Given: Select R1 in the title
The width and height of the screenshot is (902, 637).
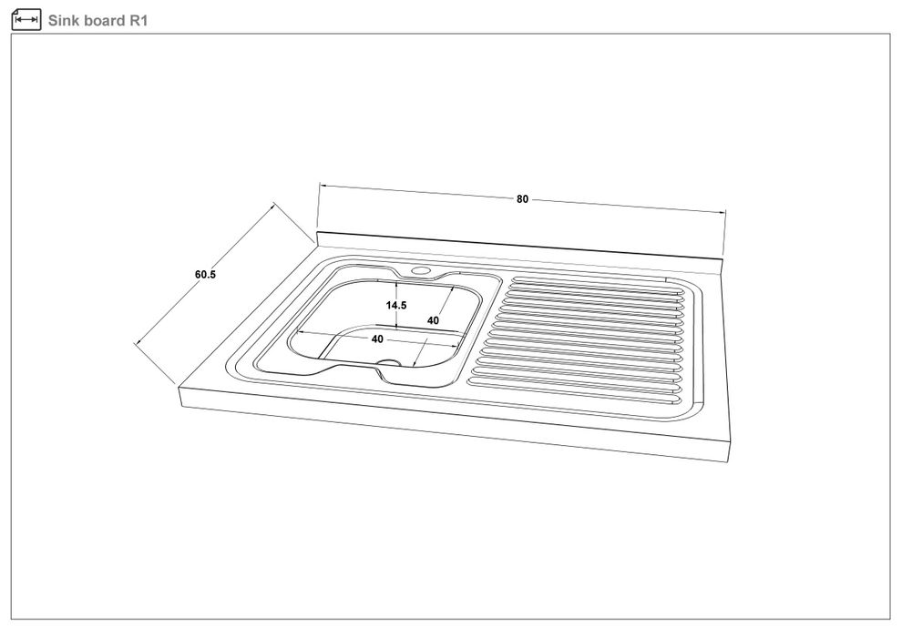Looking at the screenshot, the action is tap(139, 21).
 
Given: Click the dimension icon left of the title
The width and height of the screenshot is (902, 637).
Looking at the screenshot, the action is tap(26, 20).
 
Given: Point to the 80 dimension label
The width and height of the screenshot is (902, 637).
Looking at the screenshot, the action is tap(522, 199).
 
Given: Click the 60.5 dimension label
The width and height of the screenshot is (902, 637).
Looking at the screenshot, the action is tap(205, 275).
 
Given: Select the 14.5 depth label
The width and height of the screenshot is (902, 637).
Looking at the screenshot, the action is tap(395, 305).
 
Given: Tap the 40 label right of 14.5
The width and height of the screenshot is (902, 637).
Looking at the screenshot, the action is tap(433, 320).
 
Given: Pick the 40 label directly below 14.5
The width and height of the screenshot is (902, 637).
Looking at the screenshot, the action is tap(377, 339).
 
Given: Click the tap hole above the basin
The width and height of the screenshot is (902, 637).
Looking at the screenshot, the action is tap(421, 270).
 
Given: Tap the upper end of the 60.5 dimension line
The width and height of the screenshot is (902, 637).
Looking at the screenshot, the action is tap(274, 203).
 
